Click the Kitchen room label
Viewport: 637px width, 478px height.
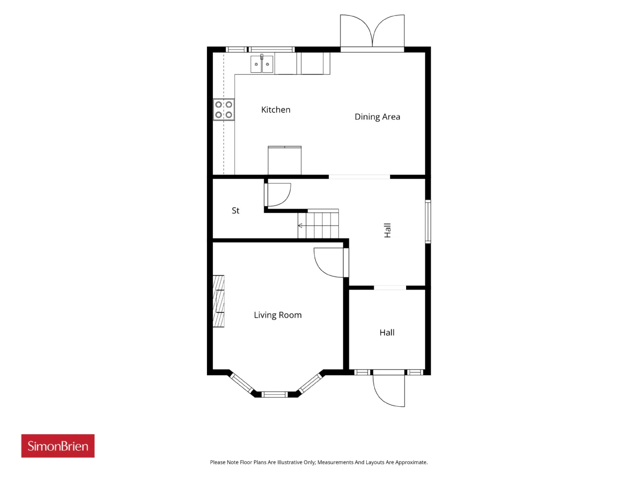pyautogui.click(x=275, y=110)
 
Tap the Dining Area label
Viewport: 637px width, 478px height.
pyautogui.click(x=377, y=117)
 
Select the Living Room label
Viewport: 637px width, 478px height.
pyautogui.click(x=277, y=315)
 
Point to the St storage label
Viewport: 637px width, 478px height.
pyautogui.click(x=235, y=211)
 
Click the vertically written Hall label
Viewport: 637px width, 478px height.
pyautogui.click(x=387, y=231)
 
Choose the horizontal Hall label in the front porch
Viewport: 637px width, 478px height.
pyautogui.click(x=387, y=332)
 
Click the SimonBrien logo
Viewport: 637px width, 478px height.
pyautogui.click(x=58, y=446)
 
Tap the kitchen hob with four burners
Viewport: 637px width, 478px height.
pyautogui.click(x=224, y=110)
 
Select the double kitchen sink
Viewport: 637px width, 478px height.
pyautogui.click(x=262, y=64)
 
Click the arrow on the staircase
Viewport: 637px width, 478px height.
pyautogui.click(x=300, y=226)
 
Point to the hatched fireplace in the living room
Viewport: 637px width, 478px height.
pyautogui.click(x=218, y=301)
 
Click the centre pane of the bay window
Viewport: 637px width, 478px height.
pyautogui.click(x=274, y=394)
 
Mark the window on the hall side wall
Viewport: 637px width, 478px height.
pyautogui.click(x=428, y=221)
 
